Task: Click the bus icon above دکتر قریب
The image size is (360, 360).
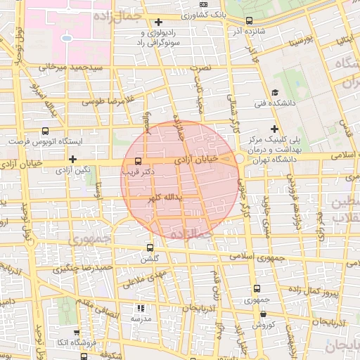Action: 137,162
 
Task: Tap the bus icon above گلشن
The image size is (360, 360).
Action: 149,248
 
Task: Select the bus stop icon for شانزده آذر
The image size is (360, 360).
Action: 250,21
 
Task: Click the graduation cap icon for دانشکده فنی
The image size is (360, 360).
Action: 275,93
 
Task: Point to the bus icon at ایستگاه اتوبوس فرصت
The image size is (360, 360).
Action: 46,131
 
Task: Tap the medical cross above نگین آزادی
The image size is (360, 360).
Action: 73,160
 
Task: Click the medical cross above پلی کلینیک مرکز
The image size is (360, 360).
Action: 275,129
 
